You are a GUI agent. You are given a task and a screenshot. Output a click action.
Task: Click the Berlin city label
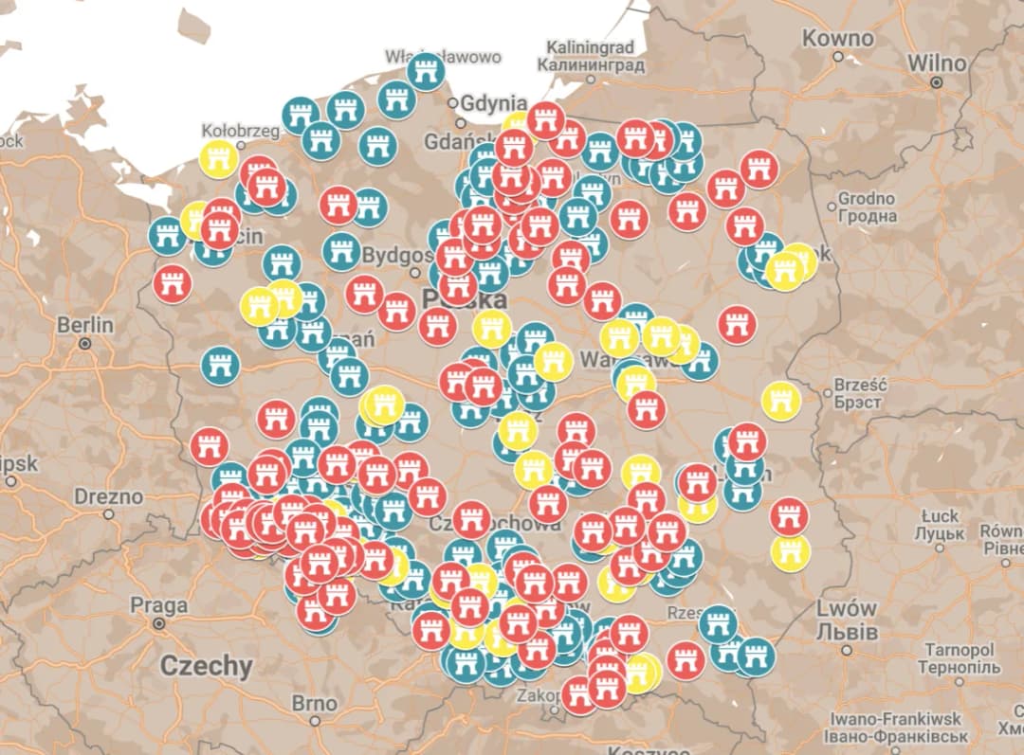[x=84, y=325]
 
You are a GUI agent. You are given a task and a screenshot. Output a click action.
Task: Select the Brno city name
[x=314, y=704]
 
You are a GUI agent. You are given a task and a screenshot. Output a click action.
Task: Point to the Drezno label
[x=109, y=496]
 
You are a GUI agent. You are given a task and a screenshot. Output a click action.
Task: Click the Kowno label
[x=837, y=39]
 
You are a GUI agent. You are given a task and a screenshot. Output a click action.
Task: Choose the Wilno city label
[x=937, y=63]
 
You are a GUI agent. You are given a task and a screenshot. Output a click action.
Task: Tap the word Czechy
[x=206, y=665]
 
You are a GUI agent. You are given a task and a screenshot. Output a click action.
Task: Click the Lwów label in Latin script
[x=846, y=609]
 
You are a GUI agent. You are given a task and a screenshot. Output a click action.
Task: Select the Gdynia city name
[x=493, y=103]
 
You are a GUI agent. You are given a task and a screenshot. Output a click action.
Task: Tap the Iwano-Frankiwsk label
[x=897, y=719]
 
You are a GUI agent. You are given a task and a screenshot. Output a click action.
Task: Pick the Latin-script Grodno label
[x=867, y=199]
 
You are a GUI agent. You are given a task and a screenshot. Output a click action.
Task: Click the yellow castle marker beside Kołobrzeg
[x=219, y=159]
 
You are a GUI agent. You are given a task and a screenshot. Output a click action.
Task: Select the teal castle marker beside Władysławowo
[x=427, y=71]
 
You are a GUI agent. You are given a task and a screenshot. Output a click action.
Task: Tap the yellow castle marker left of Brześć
[x=780, y=401]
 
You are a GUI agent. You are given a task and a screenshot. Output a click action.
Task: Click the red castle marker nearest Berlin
[x=173, y=283]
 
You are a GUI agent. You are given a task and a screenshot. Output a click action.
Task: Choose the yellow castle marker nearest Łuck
[x=790, y=552]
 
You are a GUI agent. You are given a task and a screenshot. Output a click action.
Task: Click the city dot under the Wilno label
[x=937, y=82]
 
